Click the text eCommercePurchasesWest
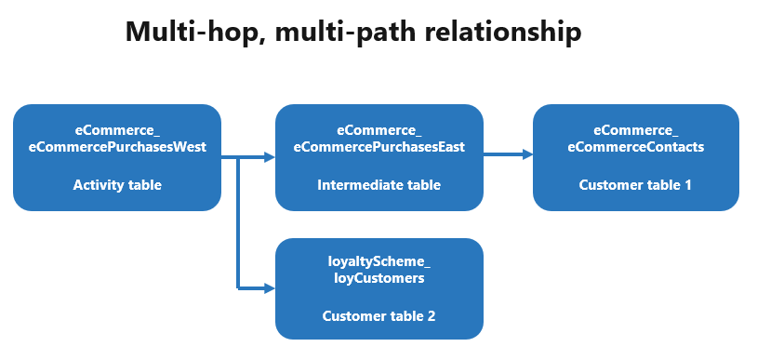117,146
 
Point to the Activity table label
117,185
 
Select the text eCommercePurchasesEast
378,146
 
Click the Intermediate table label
378,185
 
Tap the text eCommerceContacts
635,146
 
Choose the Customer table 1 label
635,185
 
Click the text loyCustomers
378,277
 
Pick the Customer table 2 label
378,316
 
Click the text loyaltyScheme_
378,263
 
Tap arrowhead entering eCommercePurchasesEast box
270,158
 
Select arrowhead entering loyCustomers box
270,288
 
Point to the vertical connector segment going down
240,223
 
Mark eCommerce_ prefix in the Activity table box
117,129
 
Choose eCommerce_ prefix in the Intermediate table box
378,129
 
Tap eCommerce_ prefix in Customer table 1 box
635,129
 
